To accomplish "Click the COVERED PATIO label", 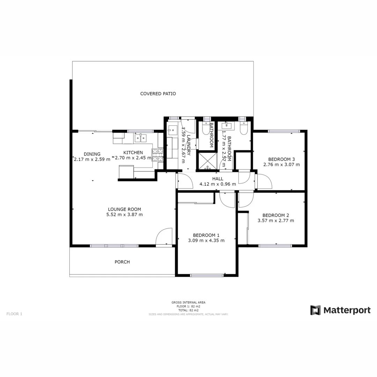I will tap(158, 94).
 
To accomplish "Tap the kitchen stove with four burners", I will tap(157, 155).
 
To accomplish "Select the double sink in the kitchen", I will tap(141, 138).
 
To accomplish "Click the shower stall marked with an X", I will tap(207, 161).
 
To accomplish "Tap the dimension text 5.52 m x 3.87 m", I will tap(124, 215).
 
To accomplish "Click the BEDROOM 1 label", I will tap(206, 235).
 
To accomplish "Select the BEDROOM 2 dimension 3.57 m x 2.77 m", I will tap(275, 221).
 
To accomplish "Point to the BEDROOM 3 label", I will tap(281, 159).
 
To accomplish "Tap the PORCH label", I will tap(122, 262).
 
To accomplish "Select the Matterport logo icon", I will tap(316, 310).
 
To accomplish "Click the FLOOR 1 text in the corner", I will tap(14, 314).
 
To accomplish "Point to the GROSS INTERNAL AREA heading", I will tap(188, 302).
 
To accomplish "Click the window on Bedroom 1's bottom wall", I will tap(207, 275).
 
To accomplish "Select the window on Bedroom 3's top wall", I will tap(284, 131).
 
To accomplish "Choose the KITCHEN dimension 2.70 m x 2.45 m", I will tap(133, 158).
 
